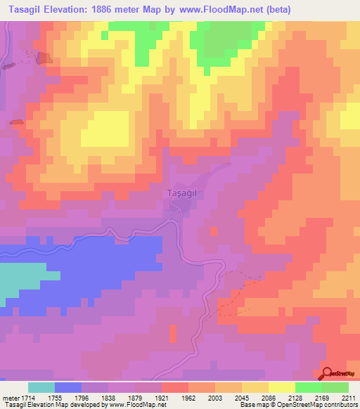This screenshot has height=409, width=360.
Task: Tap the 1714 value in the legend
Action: [x=22, y=397]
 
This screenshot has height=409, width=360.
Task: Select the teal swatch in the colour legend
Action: [x=41, y=387]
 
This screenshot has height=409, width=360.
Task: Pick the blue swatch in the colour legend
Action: [x=67, y=387]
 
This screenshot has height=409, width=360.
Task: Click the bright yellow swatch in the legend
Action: [x=281, y=387]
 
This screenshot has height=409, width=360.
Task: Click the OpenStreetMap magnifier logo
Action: [x=328, y=374]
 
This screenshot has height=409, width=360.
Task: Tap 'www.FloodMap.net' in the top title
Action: [x=216, y=9]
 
